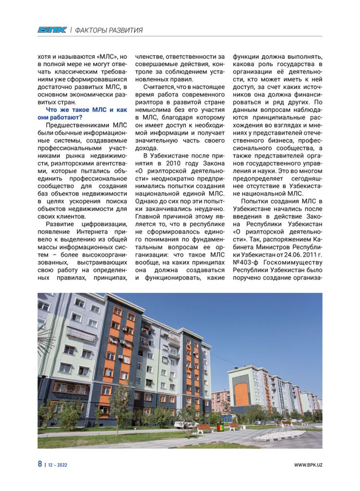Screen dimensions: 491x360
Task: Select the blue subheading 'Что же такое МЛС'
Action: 82,109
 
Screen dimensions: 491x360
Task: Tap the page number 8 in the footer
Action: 40,464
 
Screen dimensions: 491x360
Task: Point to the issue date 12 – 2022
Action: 58,465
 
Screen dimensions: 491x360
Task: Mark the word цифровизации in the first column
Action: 104,223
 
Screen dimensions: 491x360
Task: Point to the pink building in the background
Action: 220,400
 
